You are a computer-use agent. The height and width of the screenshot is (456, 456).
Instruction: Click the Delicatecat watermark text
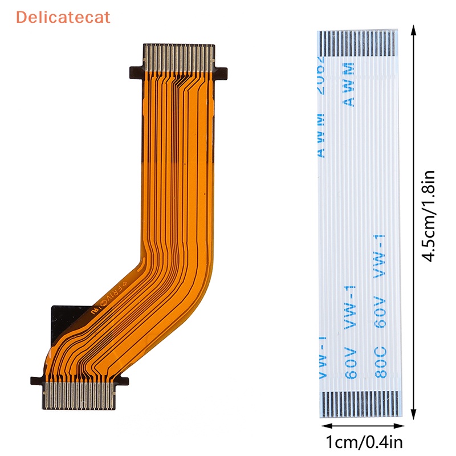63,17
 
